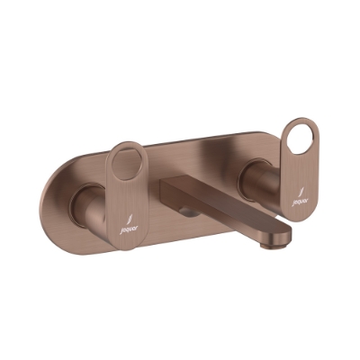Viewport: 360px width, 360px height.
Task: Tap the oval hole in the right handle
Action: (x=296, y=139)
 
